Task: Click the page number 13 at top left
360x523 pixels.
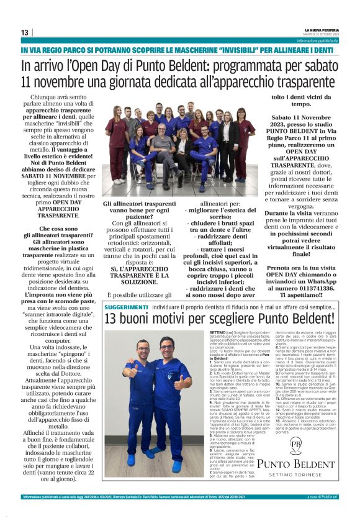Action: [x=25, y=32]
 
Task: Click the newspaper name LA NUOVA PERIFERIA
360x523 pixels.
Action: [x=321, y=29]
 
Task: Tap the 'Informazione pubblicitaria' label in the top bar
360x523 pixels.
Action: [x=317, y=40]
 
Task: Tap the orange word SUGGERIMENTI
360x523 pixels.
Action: [x=126, y=307]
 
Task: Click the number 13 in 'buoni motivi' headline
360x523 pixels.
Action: [x=112, y=319]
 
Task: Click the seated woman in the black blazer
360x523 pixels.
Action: [x=182, y=150]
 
